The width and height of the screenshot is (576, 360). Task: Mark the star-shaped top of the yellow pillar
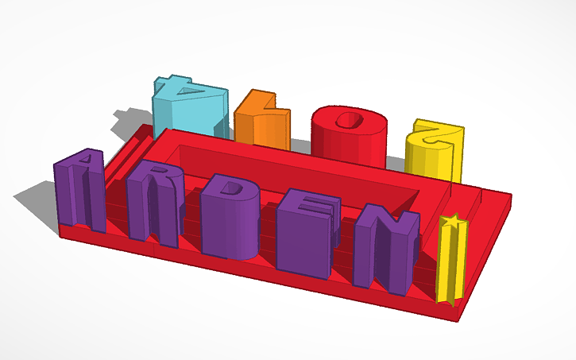pyautogui.click(x=450, y=221)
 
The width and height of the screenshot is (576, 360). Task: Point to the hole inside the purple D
pyautogui.click(x=234, y=189)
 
